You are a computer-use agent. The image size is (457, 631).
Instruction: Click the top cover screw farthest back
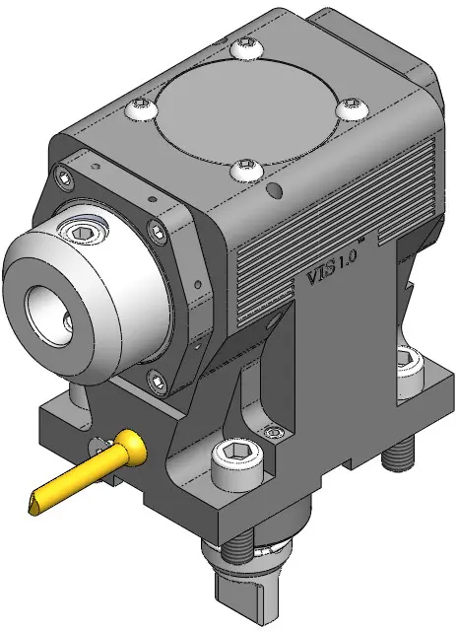pyautogui.click(x=246, y=48)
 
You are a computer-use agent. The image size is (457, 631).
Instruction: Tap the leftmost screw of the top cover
pyautogui.click(x=141, y=108)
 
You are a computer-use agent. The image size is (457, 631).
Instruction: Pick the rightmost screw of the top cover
pyautogui.click(x=352, y=107)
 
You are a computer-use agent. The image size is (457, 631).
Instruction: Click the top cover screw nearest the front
pyautogui.click(x=246, y=169)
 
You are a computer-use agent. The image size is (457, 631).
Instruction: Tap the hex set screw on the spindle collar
pyautogui.click(x=83, y=230)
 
